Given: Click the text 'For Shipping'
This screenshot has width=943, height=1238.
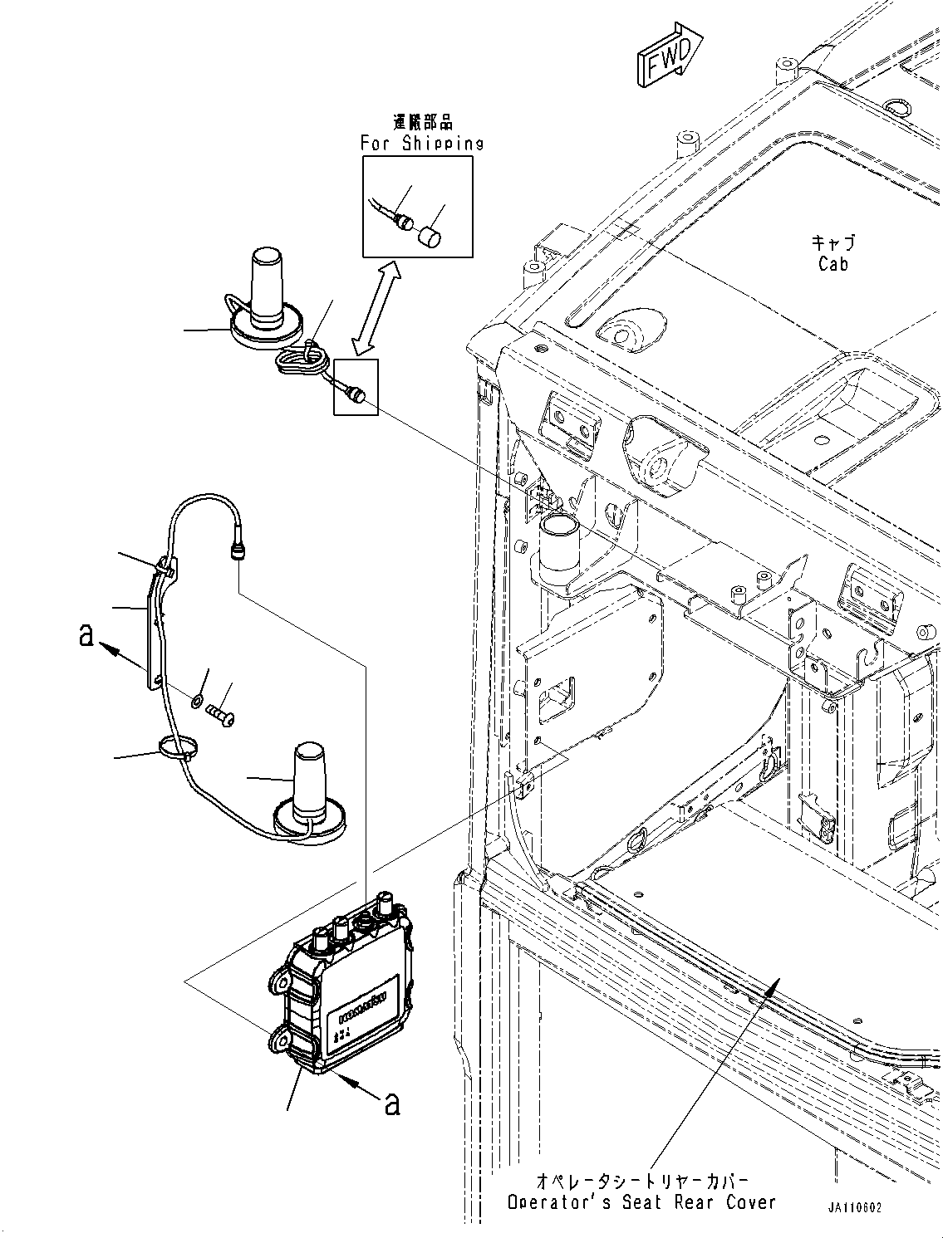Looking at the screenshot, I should coord(422,143).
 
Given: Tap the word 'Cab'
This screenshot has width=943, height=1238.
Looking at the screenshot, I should coord(833,264).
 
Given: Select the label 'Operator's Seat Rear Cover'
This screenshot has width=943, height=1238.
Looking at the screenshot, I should coord(641,1201).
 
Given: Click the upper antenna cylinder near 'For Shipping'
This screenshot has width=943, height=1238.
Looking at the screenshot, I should coord(268,284).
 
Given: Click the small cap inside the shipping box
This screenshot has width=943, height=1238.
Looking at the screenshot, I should coord(429,237).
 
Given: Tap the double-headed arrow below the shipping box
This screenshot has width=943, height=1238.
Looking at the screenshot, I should coord(374,306).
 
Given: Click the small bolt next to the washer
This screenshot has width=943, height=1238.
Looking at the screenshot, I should coord(222,711).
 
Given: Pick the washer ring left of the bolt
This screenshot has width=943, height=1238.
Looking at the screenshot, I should coord(195,702).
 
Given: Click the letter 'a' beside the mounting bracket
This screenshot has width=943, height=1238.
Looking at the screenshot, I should coord(86,636).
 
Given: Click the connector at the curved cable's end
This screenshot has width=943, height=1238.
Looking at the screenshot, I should coord(235,552).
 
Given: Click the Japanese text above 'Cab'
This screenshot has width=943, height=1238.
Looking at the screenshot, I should coord(833,242).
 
